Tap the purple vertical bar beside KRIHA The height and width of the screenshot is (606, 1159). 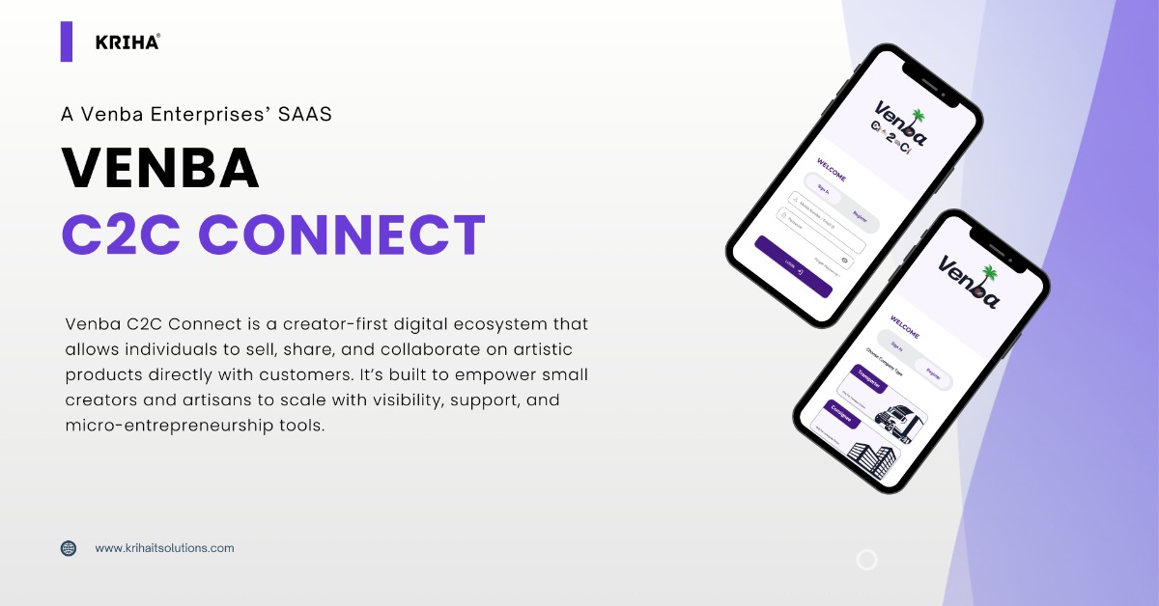(x=67, y=41)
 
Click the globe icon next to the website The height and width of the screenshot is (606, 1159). (x=69, y=548)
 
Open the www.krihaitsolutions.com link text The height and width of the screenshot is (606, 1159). (x=164, y=548)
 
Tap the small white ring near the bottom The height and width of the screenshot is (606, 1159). (x=866, y=560)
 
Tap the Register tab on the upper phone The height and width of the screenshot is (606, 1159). (x=860, y=219)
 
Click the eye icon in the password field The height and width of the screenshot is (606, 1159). (x=844, y=260)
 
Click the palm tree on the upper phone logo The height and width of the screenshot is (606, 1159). (x=918, y=117)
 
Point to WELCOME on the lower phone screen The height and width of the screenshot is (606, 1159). (x=904, y=329)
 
